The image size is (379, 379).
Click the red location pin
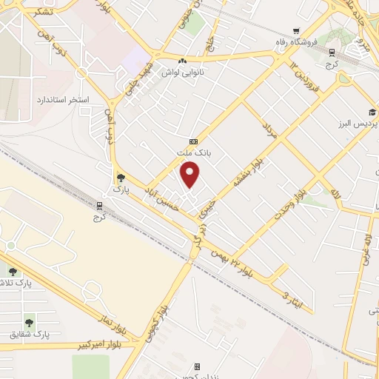[x=191, y=175]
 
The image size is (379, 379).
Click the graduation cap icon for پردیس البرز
[x=372, y=113]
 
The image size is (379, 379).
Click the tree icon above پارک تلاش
[x=13, y=272]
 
